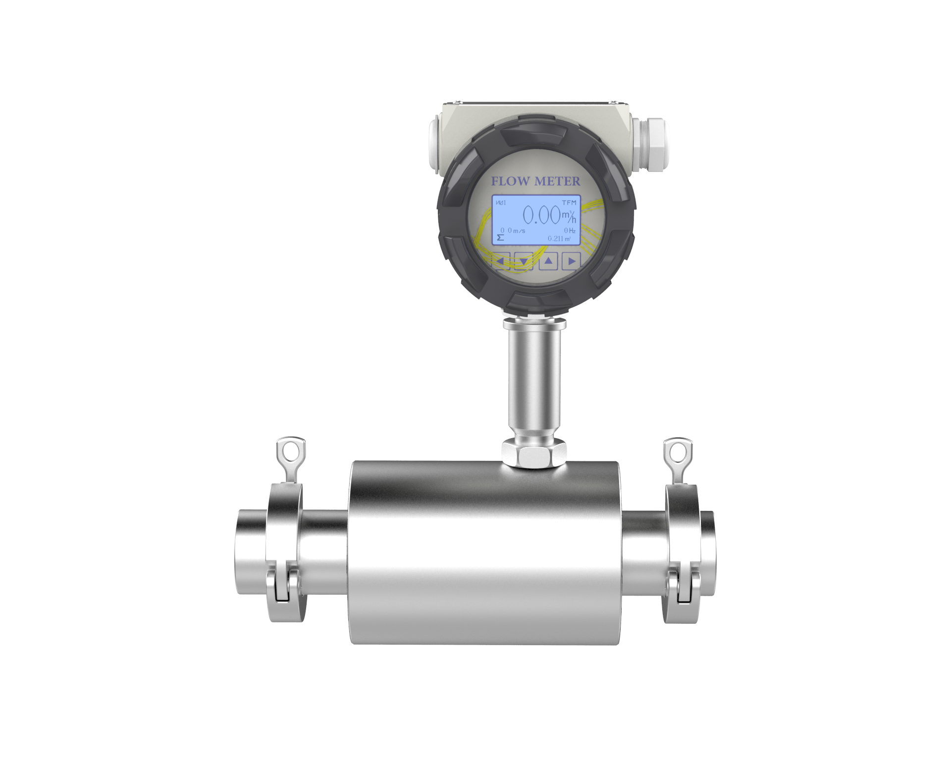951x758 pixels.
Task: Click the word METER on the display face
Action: coord(556,182)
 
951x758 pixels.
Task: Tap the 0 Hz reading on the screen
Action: coord(569,231)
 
